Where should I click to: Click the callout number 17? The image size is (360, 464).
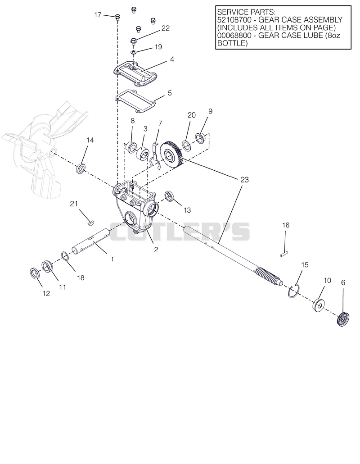pyautogui.click(x=98, y=15)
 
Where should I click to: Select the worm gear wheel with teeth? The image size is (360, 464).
pyautogui.click(x=171, y=155)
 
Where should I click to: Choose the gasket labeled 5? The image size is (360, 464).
pyautogui.click(x=135, y=101)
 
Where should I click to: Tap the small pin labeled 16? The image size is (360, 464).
pyautogui.click(x=284, y=254)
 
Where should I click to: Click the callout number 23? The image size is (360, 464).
pyautogui.click(x=245, y=180)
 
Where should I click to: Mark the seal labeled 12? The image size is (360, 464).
pyautogui.click(x=35, y=273)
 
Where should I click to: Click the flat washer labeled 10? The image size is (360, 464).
pyautogui.click(x=319, y=305)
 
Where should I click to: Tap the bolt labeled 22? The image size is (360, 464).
pyautogui.click(x=133, y=41)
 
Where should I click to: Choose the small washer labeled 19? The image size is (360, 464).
pyautogui.click(x=134, y=52)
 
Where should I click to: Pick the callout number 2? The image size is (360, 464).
pyautogui.click(x=156, y=250)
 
